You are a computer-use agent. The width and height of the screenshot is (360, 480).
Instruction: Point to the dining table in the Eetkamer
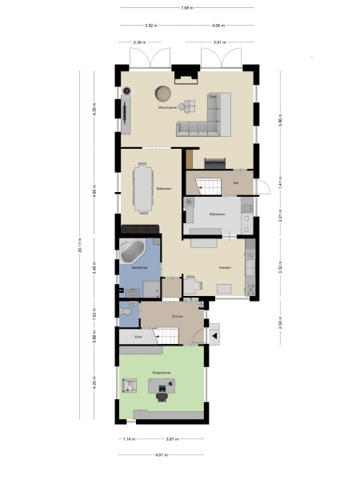(144, 188)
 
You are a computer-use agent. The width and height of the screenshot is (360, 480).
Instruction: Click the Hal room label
(236, 183)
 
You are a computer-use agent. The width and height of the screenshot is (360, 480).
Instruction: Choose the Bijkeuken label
(216, 214)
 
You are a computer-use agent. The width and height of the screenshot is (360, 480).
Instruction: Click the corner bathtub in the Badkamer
(132, 252)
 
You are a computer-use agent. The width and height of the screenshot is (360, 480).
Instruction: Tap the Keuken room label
(226, 267)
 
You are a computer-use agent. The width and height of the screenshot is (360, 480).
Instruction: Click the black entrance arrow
(214, 336)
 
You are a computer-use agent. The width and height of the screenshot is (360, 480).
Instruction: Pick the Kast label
(138, 338)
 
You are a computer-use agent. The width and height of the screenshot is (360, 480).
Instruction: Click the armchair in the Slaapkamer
(128, 386)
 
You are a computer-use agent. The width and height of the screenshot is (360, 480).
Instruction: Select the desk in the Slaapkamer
(164, 386)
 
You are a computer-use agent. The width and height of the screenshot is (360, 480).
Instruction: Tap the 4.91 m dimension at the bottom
(160, 455)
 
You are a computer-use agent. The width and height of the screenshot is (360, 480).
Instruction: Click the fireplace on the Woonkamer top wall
(186, 78)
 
